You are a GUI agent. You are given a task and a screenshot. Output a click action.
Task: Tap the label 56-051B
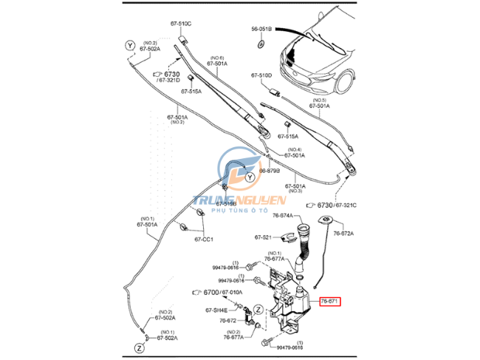261,28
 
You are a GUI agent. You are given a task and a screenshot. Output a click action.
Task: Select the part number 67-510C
180,24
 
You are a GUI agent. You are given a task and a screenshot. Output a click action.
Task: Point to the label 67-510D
261,75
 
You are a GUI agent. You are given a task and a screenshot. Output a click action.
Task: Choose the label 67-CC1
205,239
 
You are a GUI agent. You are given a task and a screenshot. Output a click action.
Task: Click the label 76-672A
343,234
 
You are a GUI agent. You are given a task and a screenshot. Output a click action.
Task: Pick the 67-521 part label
264,237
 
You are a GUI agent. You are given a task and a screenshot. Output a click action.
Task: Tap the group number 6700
211,293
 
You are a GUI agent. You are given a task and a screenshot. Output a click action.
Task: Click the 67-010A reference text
236,293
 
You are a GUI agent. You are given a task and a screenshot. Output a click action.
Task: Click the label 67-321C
345,205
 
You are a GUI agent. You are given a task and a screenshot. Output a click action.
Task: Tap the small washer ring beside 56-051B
261,45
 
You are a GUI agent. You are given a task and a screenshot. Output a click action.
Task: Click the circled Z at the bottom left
138,347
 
